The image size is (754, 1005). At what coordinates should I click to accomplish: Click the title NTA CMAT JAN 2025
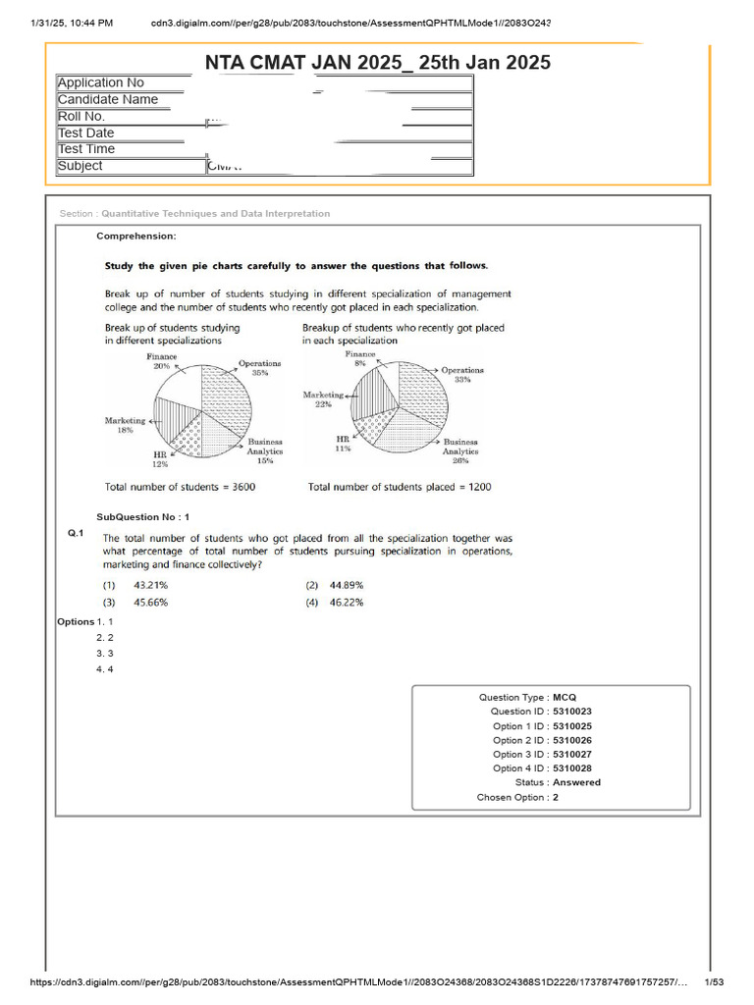pos(378,63)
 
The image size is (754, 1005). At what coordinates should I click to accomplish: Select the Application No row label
pos(101,82)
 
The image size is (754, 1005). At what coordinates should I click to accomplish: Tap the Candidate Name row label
pos(108,99)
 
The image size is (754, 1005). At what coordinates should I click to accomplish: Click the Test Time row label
pos(86,149)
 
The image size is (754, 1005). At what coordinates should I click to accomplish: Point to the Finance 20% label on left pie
pos(161,360)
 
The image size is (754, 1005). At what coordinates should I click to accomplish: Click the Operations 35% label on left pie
pos(259,368)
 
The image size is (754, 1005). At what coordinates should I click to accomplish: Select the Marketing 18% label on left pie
pos(126,425)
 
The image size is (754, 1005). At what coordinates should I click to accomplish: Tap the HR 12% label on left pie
pos(159,459)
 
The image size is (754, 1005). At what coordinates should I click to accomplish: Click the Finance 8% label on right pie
pos(360,357)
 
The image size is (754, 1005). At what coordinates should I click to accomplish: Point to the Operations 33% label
pos(462,374)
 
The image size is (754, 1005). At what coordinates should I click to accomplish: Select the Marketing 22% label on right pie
pos(324,399)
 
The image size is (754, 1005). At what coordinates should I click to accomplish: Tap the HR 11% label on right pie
pos(343,444)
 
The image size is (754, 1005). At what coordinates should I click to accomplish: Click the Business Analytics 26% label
pos(460,451)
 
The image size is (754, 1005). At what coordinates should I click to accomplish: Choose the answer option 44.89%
pos(345,585)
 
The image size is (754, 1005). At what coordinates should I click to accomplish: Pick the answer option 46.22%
pos(345,603)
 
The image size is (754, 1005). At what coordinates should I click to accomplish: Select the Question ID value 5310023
pos(571,712)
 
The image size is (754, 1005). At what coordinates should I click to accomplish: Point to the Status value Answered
pos(576,782)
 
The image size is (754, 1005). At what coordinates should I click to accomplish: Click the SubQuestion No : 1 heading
pos(143,516)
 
